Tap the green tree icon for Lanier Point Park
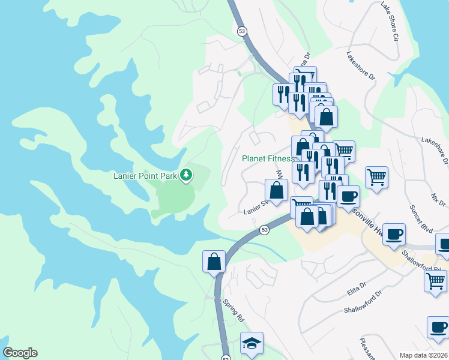(187, 175)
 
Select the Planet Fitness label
(268, 159)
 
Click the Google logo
(20, 353)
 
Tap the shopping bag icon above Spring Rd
(214, 262)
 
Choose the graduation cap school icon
(252, 343)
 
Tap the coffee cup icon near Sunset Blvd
(394, 235)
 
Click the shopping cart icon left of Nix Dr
(376, 177)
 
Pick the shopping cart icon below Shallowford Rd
(435, 281)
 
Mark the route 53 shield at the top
(242, 31)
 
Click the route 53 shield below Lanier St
(264, 229)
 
